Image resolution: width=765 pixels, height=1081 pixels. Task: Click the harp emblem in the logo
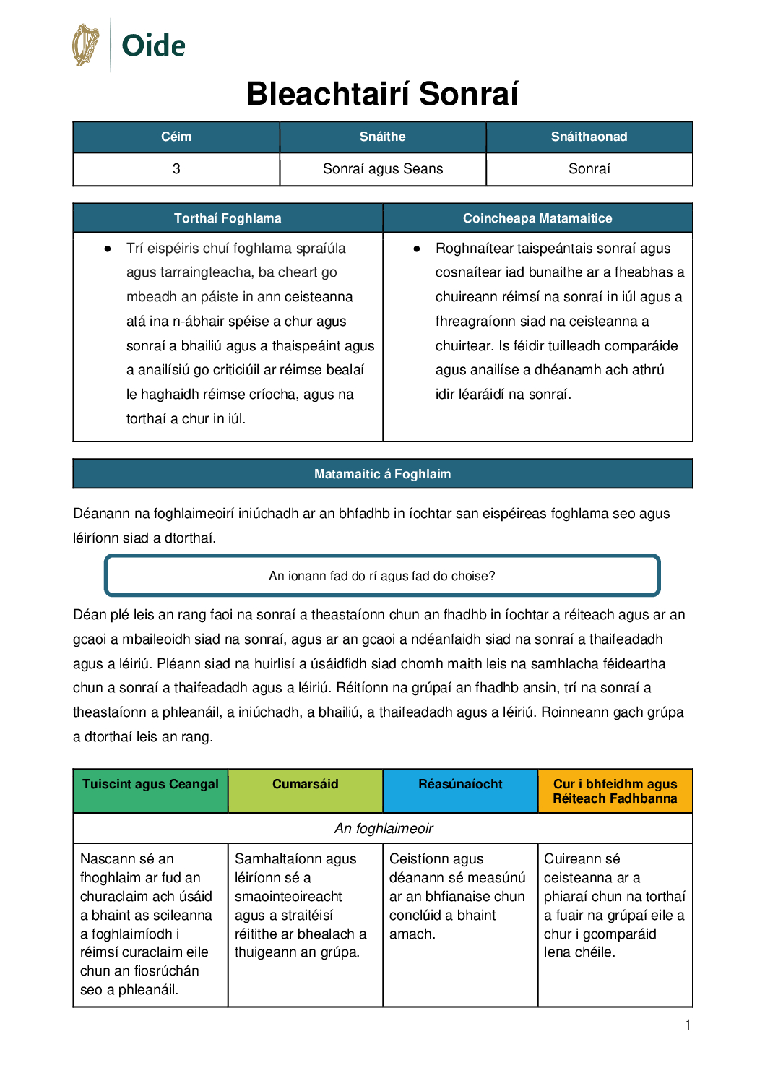point(85,45)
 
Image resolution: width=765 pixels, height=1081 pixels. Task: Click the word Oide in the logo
point(153,46)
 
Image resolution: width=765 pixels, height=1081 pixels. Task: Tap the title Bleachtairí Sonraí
point(382,94)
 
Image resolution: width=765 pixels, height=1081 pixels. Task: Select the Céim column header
point(176,137)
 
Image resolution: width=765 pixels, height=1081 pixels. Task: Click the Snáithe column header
point(382,137)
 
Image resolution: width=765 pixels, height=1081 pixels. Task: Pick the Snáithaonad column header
point(589,137)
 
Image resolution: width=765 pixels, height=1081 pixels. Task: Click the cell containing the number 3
point(176,169)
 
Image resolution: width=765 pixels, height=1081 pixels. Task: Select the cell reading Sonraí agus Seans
point(382,169)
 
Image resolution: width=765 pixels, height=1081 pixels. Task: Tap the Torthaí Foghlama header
point(228,218)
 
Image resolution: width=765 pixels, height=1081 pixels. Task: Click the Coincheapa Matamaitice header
point(537,218)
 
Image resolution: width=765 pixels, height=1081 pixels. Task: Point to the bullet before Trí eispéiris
point(108,249)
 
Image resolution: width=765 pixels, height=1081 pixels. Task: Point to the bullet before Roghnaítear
point(417,249)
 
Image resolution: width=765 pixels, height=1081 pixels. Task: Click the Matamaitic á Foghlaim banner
point(382,474)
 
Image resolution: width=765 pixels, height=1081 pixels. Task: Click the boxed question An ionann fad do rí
point(382,576)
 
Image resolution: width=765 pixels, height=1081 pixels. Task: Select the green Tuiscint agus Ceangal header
point(150,785)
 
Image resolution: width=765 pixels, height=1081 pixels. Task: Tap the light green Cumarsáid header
point(305,785)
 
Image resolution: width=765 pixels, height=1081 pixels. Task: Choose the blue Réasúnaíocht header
point(460,785)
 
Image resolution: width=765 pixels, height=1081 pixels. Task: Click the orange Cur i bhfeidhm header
point(615,791)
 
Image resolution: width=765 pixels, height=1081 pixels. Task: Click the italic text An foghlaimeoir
point(384,829)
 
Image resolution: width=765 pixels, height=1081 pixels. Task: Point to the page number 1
point(688,1025)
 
